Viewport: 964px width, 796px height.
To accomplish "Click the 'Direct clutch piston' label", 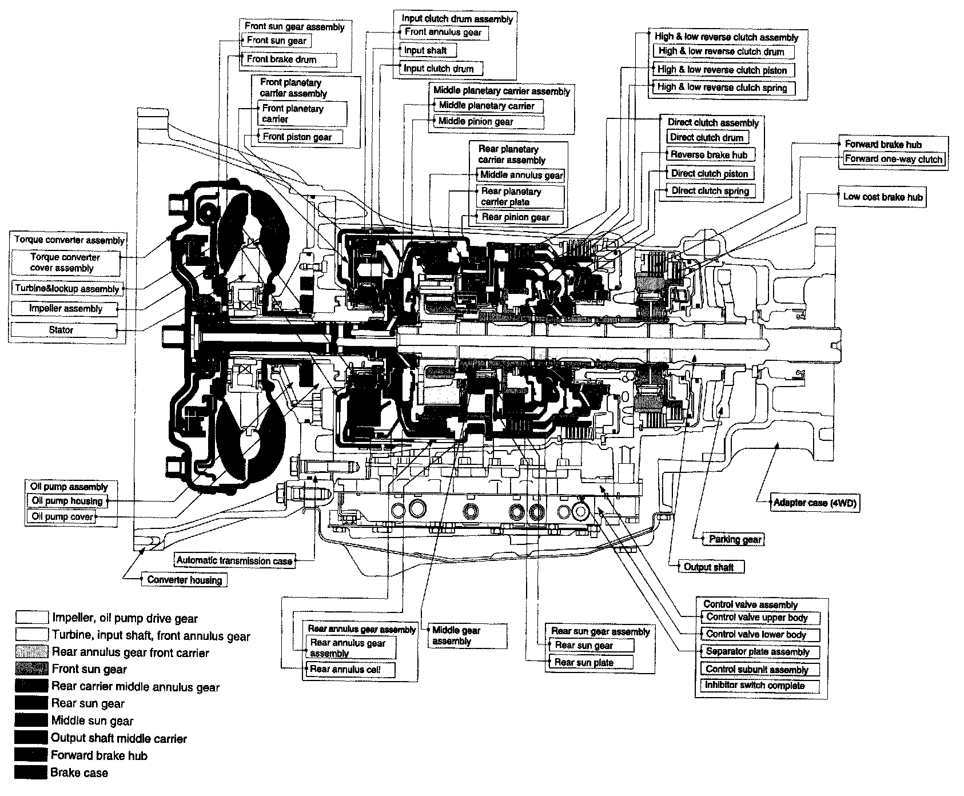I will (x=709, y=173).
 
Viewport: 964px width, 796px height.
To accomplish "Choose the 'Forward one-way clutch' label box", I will (x=893, y=159).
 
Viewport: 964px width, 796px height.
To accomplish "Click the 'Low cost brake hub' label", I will (x=882, y=197).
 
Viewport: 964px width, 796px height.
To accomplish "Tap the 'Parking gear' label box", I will (x=735, y=539).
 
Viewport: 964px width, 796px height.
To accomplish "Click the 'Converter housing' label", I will (x=184, y=580).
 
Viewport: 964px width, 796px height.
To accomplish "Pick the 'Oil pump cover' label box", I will (x=62, y=517).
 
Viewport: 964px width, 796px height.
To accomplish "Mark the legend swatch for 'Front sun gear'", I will (x=31, y=669).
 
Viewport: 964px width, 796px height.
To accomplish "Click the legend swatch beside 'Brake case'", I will (x=31, y=773).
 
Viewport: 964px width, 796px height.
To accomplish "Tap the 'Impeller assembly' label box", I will (x=65, y=309).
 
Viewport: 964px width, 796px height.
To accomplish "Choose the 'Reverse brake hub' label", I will (x=709, y=155).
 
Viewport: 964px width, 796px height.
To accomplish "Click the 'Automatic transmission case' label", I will (x=234, y=561).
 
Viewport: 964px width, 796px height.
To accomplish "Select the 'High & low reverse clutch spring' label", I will (x=723, y=88).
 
